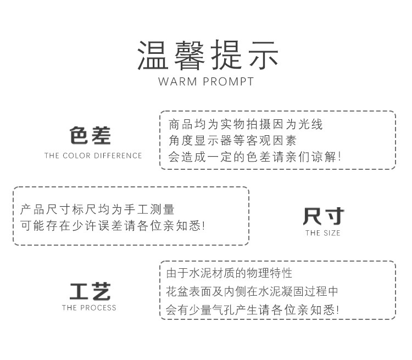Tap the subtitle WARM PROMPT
pos(206,82)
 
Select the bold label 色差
pos(90,135)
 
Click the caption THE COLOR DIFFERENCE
pos(93,156)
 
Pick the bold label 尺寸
pos(322,216)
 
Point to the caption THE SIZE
pos(323,233)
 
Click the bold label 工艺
pos(90,291)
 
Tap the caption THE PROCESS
pos(90,308)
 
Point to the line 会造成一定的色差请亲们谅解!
pos(254,157)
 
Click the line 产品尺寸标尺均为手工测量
pos(97,209)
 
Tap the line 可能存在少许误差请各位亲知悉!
pos(113,225)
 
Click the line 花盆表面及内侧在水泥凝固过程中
pos(252,291)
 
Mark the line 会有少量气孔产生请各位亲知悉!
pos(252,309)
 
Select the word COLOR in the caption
pos(76,156)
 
